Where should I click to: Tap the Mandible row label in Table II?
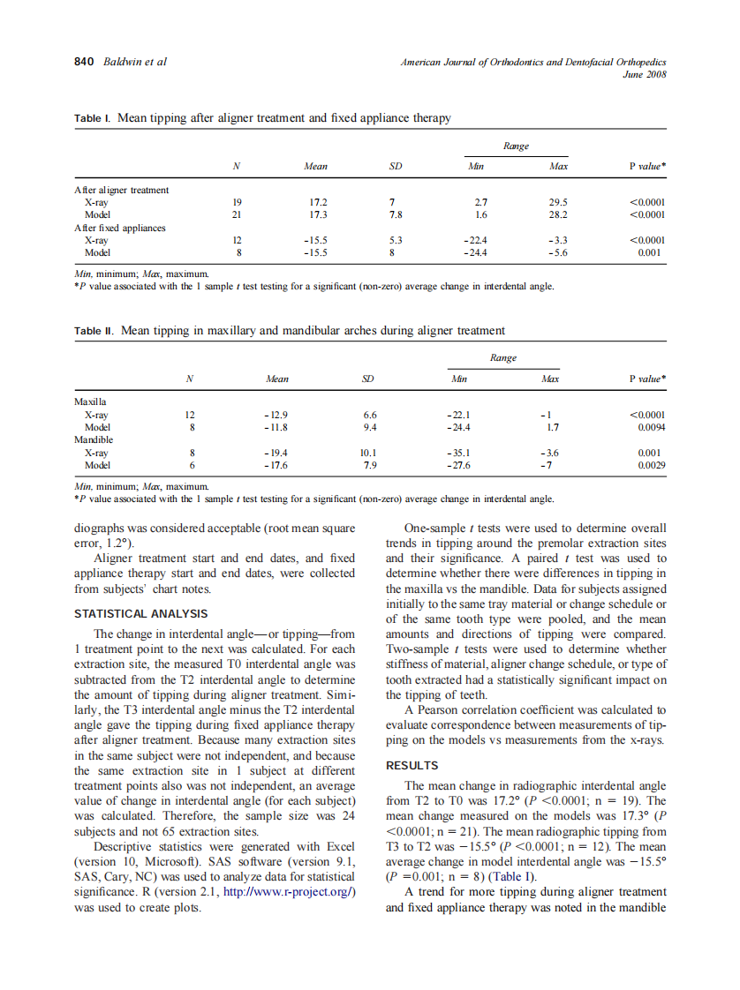coord(94,439)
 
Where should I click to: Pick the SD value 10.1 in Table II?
coord(368,452)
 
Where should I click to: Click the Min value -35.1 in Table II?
coord(459,452)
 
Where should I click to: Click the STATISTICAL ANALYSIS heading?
coord(141,613)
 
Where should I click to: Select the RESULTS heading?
coord(412,766)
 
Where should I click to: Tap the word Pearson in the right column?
coord(442,709)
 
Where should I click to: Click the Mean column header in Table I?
coord(315,166)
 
